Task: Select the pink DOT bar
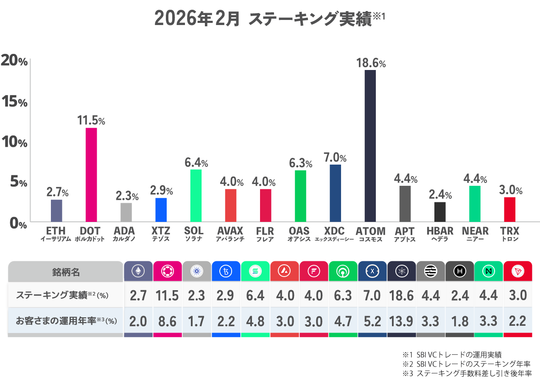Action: coord(91,175)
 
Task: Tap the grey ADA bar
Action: coord(126,212)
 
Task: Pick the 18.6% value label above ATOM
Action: coord(371,64)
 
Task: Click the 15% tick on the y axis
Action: coord(14,102)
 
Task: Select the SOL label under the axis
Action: coord(194,231)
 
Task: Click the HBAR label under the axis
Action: coord(440,231)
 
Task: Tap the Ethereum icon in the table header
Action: coord(138,271)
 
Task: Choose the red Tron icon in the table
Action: coord(518,271)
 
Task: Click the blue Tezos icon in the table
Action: coord(226,271)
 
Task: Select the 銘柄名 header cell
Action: coord(66,271)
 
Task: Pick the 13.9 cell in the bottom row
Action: coord(401,321)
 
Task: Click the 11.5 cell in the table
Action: coord(167,296)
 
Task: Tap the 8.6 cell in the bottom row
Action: coord(167,321)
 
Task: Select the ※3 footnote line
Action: coord(466,374)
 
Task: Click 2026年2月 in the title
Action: coord(197,19)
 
